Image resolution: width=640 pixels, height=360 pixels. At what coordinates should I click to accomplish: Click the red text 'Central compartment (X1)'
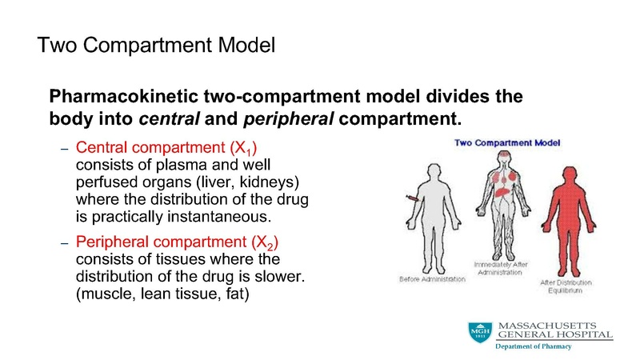(171, 149)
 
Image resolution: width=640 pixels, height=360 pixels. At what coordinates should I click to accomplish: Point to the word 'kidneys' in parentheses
(271, 182)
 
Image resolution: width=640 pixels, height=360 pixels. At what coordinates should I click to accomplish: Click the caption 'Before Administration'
(432, 278)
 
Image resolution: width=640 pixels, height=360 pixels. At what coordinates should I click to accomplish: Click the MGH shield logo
(480, 332)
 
